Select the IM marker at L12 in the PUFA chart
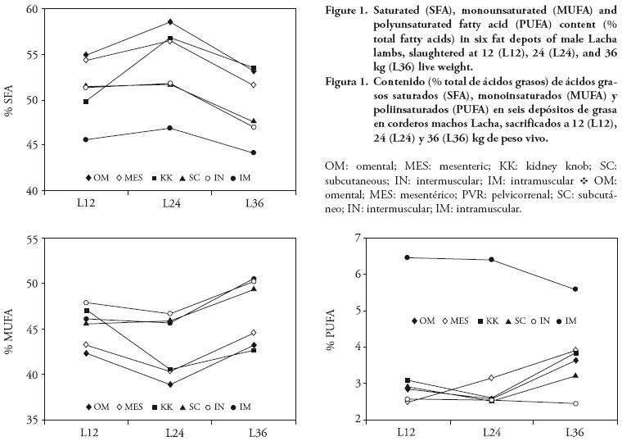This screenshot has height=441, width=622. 408,257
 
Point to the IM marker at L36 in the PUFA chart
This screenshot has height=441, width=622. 575,289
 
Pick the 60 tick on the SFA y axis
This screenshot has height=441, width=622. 34,9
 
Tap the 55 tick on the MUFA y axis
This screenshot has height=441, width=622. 34,239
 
